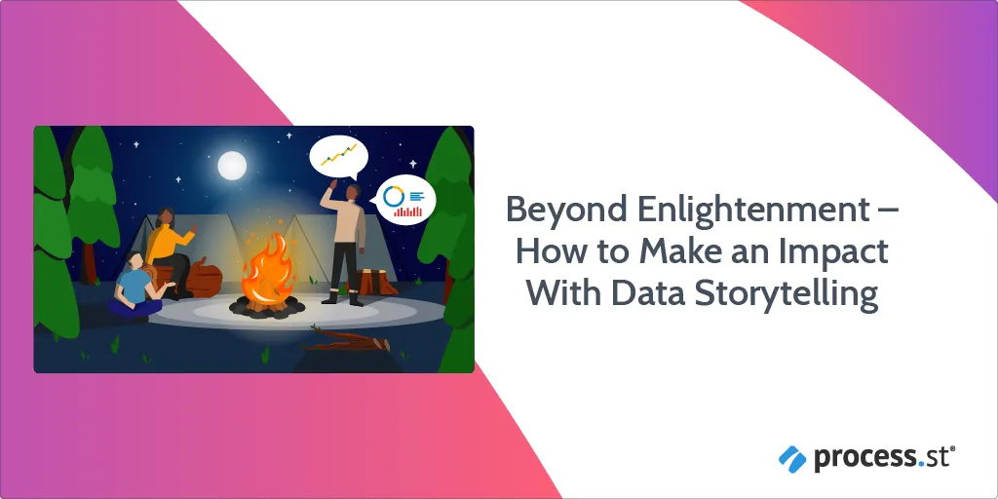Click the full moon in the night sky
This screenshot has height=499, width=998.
click(232, 166)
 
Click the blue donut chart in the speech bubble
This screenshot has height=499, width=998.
click(395, 195)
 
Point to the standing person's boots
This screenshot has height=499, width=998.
click(344, 298)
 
